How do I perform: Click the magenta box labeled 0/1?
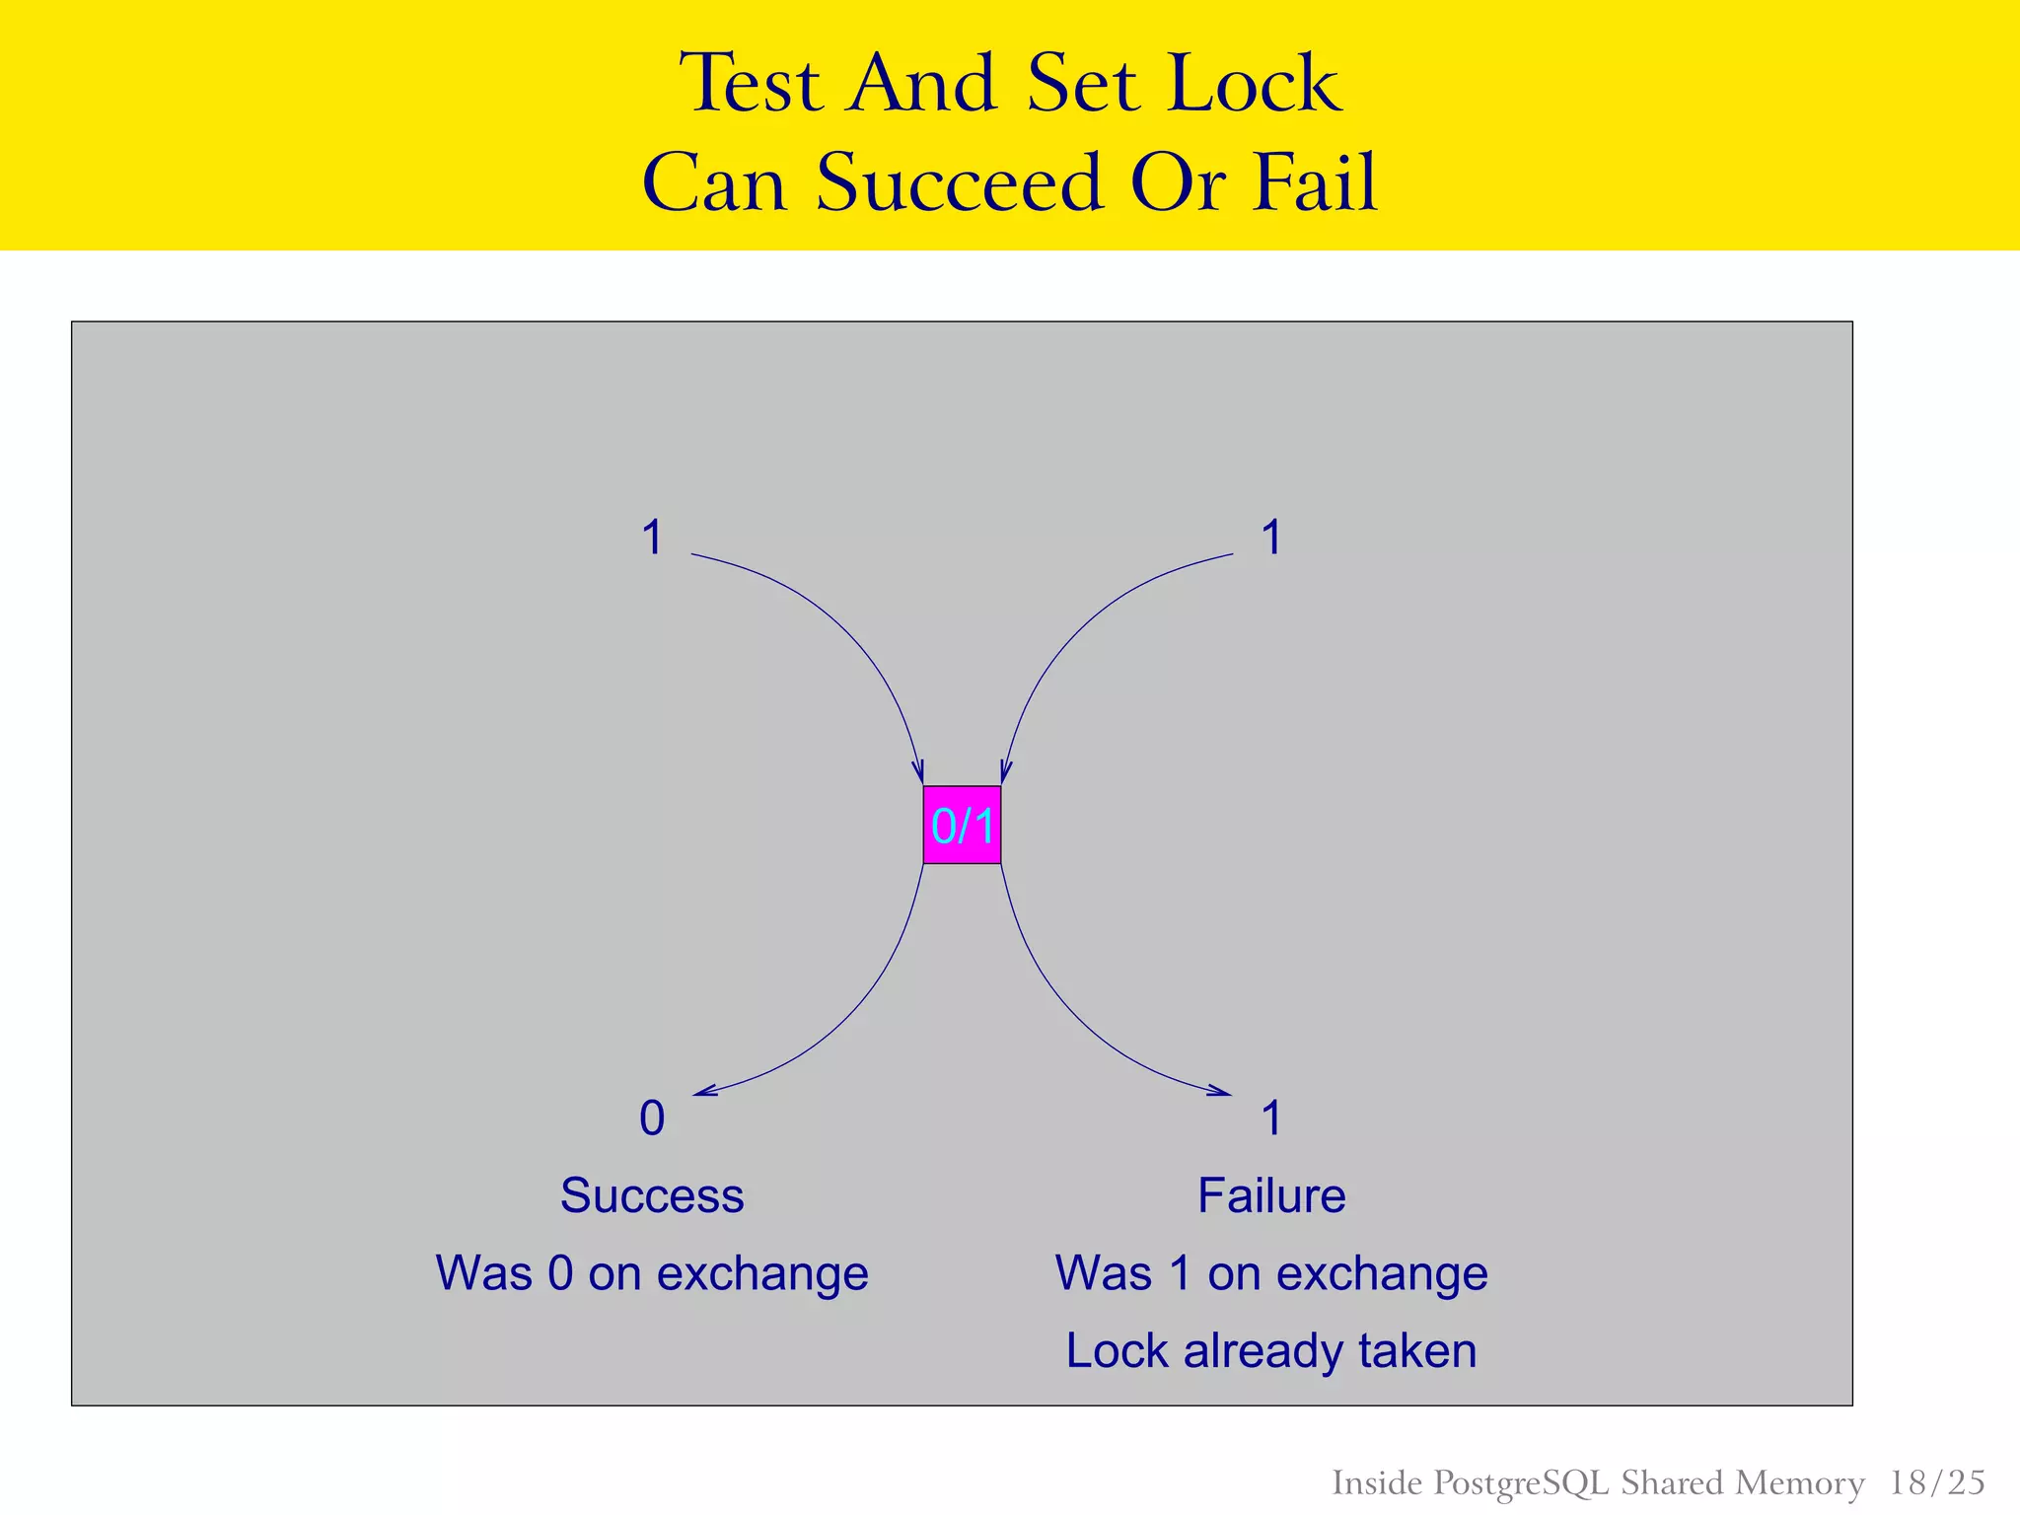(x=962, y=825)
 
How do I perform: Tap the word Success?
(x=652, y=1195)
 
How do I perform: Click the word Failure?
(x=1271, y=1195)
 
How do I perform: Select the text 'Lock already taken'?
(x=1271, y=1350)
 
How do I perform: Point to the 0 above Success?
(x=652, y=1118)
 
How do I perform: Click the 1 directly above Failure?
(x=1271, y=1118)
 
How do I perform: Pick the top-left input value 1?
(x=652, y=539)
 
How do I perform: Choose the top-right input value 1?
(x=1271, y=539)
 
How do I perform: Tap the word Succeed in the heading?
(x=958, y=183)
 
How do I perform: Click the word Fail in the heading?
(x=1314, y=183)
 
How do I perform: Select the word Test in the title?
(x=751, y=84)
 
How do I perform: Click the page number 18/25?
(x=1936, y=1482)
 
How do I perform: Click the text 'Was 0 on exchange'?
(x=652, y=1273)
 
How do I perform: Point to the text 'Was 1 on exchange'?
(x=1271, y=1273)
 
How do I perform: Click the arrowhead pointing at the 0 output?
(x=702, y=1092)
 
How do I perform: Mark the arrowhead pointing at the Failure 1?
(x=1223, y=1092)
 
